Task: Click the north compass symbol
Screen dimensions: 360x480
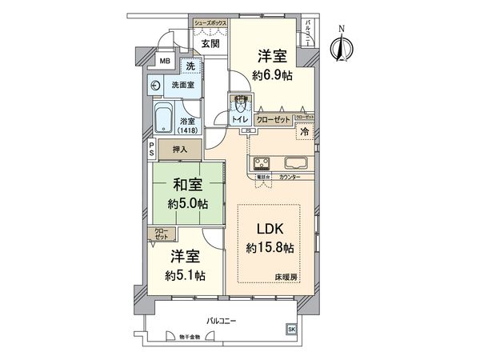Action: point(342,46)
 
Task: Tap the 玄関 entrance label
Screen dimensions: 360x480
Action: point(210,43)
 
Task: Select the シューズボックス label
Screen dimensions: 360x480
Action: point(211,24)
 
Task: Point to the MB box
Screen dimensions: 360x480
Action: point(164,62)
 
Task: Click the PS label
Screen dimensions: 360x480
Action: point(150,150)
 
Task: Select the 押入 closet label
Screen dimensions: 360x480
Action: point(181,149)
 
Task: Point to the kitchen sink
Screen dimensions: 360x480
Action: point(294,162)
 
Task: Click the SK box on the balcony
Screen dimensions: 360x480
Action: point(290,328)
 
